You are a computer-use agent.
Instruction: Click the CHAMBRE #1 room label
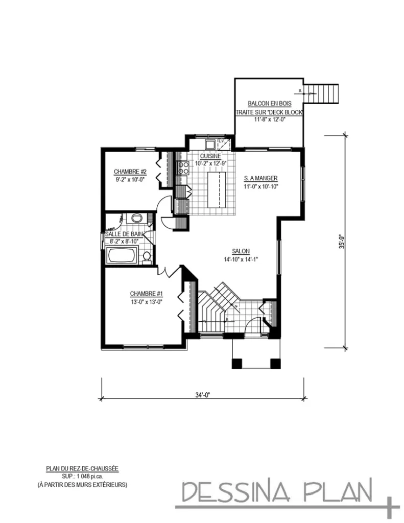tap(146, 294)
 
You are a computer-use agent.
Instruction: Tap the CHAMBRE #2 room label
tap(130, 171)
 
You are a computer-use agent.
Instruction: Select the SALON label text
tap(240, 251)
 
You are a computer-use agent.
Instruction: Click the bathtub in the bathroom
tap(122, 255)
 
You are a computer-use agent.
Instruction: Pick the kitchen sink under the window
tap(210, 143)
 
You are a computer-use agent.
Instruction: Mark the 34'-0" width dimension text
tap(203, 394)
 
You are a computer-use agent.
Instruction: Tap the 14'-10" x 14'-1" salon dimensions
tap(240, 258)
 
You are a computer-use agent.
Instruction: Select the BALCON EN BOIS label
tap(269, 103)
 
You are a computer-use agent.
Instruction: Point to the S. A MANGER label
tap(260, 178)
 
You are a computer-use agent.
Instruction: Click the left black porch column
tap(236, 364)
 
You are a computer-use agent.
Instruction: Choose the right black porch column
tap(274, 364)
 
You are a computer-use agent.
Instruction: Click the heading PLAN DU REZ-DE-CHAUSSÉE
tap(82, 468)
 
